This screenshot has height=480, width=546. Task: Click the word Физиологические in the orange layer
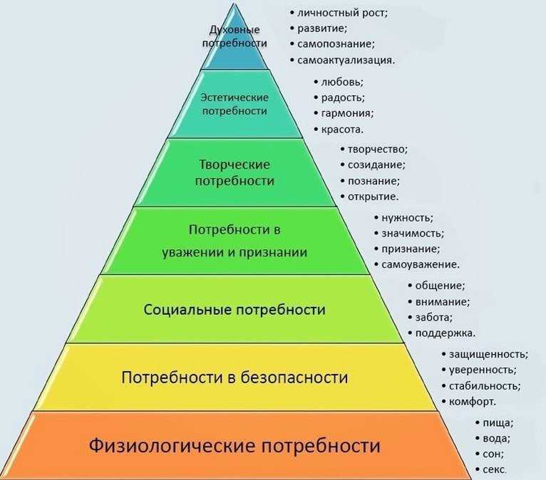pos(172,446)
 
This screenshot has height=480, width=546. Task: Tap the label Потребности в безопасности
pos(235,377)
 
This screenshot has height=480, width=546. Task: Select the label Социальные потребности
pos(235,310)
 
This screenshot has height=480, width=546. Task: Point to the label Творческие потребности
pos(235,172)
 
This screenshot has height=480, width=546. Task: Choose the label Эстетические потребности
pos(235,104)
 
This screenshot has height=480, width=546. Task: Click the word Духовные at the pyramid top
pos(235,30)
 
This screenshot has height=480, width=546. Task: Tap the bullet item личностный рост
pos(342,14)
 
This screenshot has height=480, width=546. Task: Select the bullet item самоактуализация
pos(346,60)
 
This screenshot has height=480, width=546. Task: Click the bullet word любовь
pos(342,82)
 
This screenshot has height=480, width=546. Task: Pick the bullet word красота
pos(342,130)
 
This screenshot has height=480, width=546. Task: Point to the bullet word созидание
pos(376,165)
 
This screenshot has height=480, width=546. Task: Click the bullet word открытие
pos(373,197)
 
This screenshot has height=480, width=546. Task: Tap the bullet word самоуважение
pos(421,264)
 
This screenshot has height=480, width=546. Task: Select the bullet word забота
pos(433,317)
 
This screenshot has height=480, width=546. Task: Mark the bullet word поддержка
pos(445,333)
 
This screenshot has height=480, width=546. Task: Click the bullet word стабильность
pos(485,386)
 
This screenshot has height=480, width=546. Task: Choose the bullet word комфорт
pos(472,402)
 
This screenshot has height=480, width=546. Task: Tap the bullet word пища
pos(498,423)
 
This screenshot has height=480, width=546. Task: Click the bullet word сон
pos(493,454)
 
